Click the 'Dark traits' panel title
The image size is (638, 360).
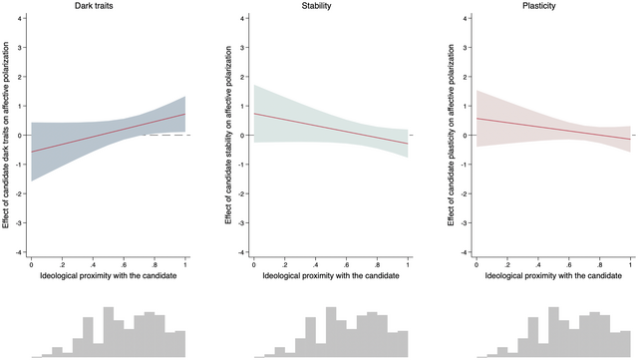(108, 7)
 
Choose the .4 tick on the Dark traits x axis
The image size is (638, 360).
(93, 263)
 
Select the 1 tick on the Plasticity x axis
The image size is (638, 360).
(631, 263)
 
